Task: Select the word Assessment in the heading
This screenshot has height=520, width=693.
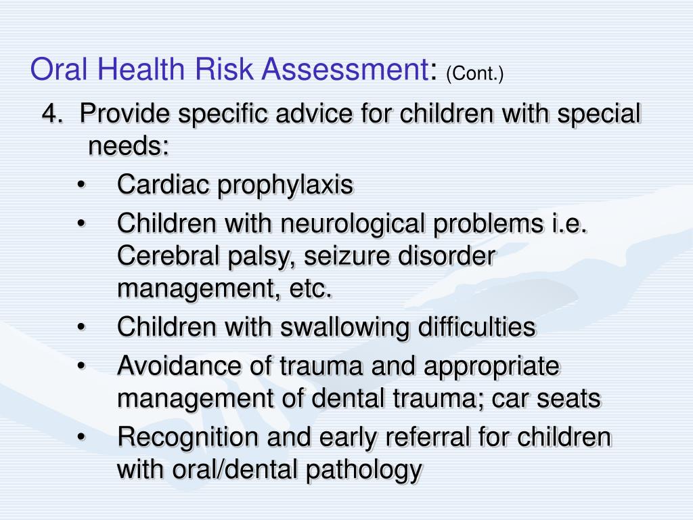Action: pos(345,70)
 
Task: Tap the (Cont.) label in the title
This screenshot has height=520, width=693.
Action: pos(475,74)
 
